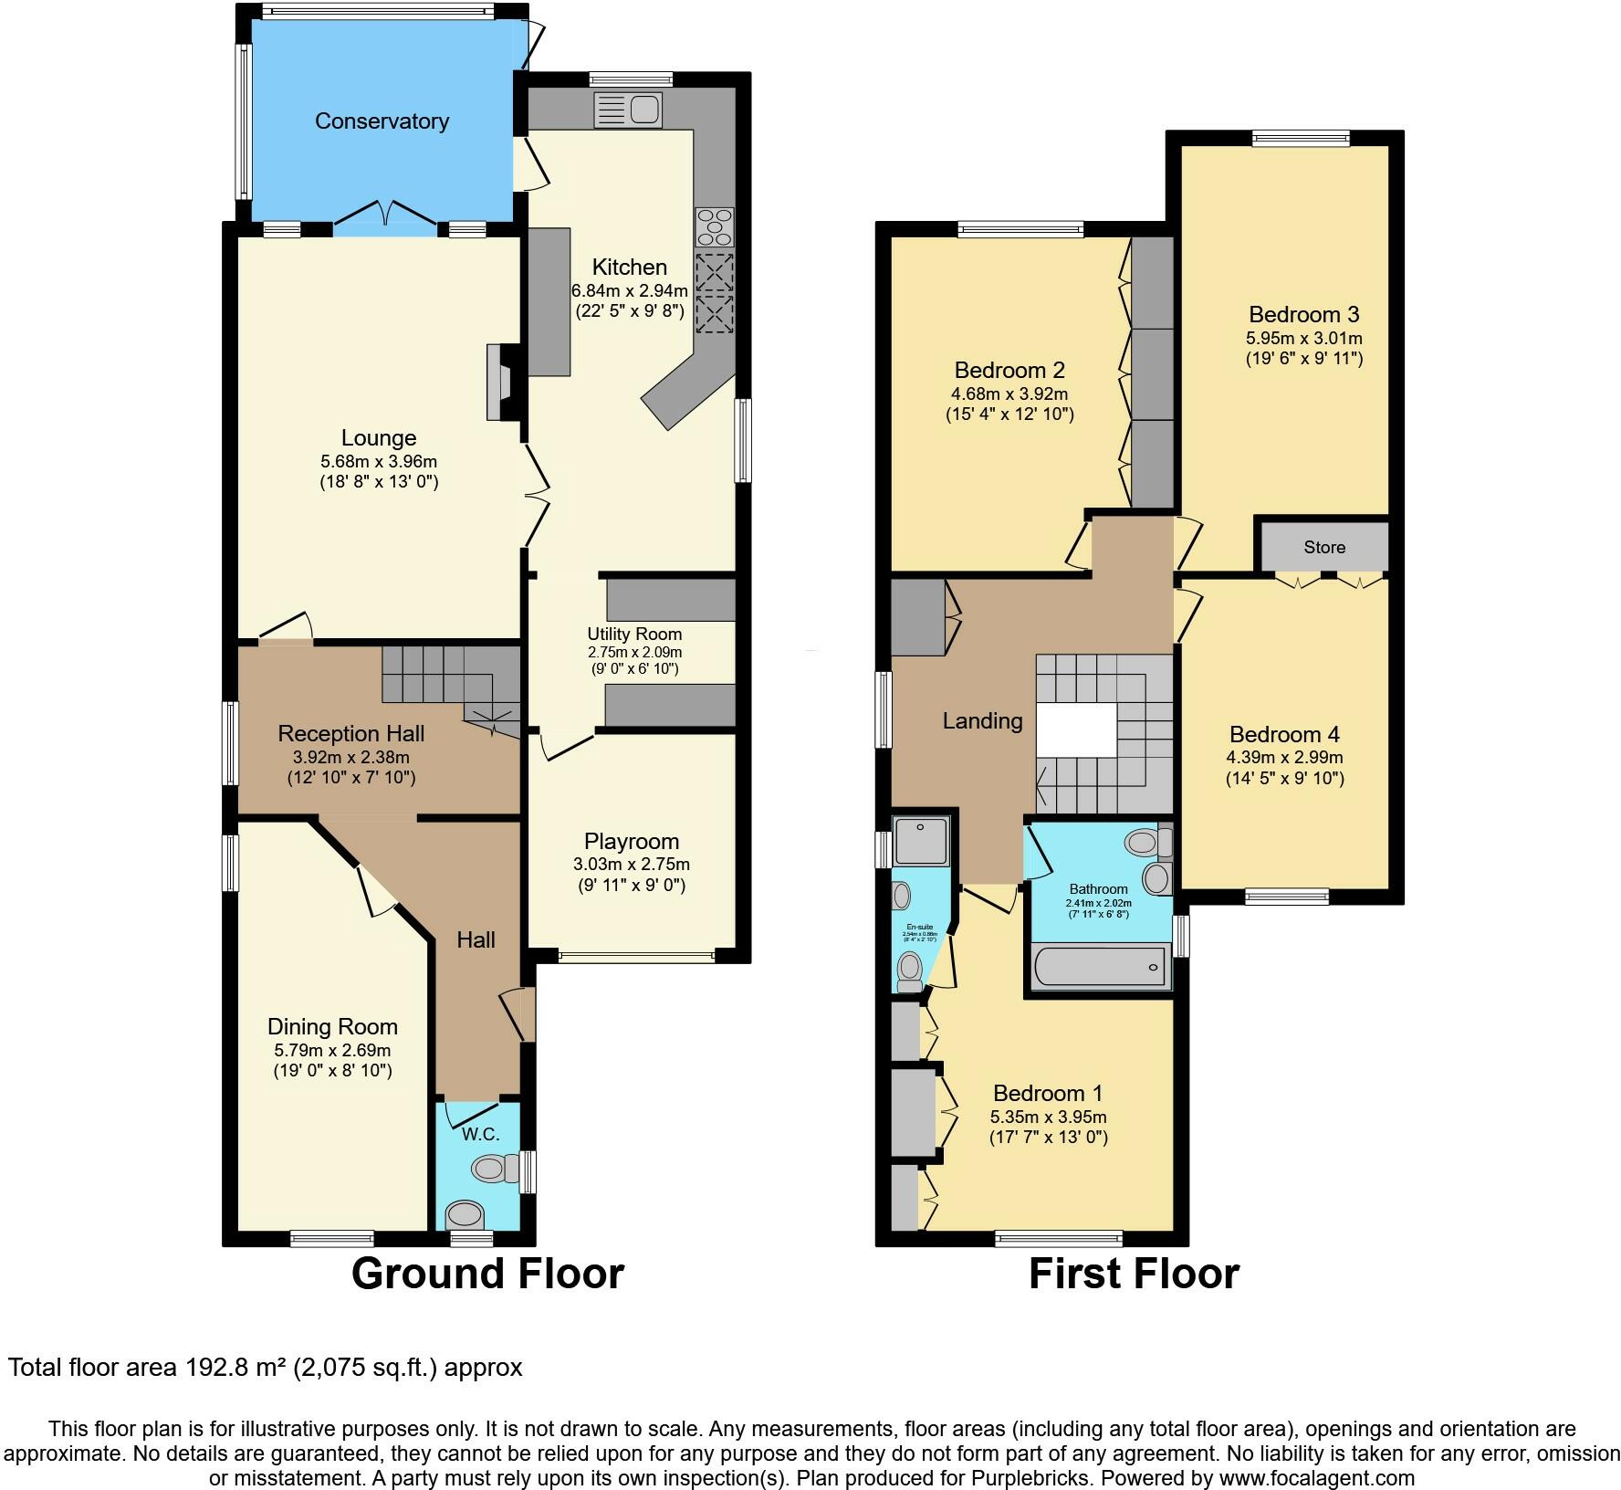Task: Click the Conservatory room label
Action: tap(382, 121)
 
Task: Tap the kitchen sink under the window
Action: tap(628, 110)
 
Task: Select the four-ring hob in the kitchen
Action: tap(715, 226)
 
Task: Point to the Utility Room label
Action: tap(633, 634)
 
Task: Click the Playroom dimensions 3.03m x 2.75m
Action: tap(632, 864)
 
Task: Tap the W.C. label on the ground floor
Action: tap(480, 1134)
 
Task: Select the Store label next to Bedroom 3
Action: tap(1323, 547)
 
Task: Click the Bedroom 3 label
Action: tap(1303, 315)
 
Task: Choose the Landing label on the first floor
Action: tap(982, 721)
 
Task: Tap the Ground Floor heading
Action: tap(487, 1275)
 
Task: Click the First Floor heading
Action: tap(1134, 1275)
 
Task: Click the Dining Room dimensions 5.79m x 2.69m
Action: tap(332, 1050)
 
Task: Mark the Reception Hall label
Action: tap(351, 734)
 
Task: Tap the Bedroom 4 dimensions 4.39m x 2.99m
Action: tap(1284, 758)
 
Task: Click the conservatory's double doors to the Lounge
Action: tap(384, 215)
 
